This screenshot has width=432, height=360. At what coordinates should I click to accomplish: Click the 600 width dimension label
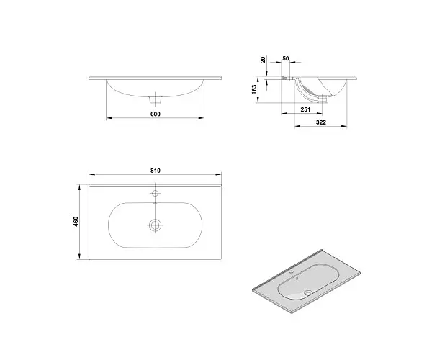click(156, 114)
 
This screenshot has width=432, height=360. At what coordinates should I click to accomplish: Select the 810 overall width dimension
click(156, 171)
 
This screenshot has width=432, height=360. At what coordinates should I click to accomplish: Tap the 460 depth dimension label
click(76, 222)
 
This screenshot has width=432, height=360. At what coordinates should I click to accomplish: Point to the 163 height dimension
click(254, 89)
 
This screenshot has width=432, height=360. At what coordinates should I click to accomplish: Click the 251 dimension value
click(305, 109)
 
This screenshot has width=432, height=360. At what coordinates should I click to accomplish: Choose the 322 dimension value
click(321, 122)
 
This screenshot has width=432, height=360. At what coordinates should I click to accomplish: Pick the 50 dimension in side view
click(286, 58)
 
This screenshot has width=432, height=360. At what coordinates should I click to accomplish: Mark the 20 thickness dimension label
click(263, 60)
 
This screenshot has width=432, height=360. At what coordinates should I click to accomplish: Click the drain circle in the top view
click(155, 225)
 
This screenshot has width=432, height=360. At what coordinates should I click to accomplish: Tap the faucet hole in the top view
click(156, 193)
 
